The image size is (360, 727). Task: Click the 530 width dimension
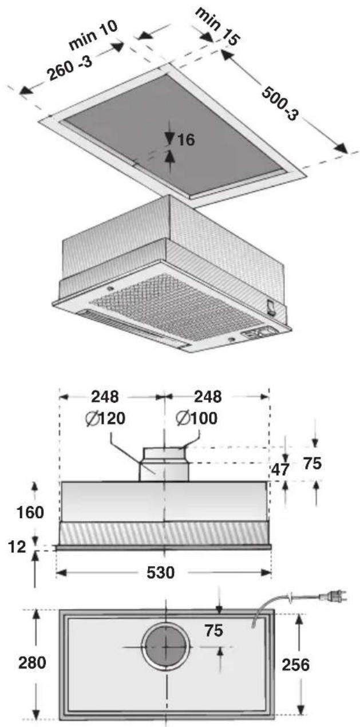160,572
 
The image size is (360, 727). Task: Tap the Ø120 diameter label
105,418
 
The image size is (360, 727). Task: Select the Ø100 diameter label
197,418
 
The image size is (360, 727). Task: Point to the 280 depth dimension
32,654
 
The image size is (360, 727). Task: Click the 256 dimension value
295,655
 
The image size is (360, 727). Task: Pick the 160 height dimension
30,512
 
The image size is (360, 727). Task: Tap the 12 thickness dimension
17,547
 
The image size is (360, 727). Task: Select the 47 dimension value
280,469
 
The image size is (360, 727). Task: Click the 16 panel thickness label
185,140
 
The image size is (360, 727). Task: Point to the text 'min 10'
93,35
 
